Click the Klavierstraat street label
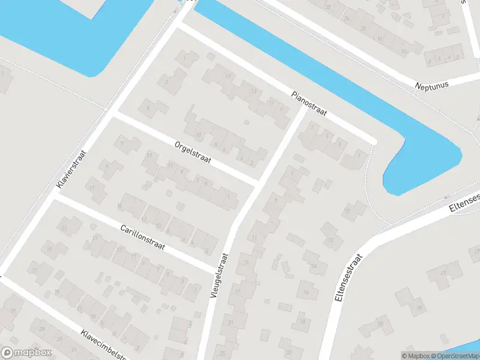point(71,170)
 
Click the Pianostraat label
point(309,104)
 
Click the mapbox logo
point(25,353)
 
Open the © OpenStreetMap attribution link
point(457,356)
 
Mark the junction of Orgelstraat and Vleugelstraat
point(258,182)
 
